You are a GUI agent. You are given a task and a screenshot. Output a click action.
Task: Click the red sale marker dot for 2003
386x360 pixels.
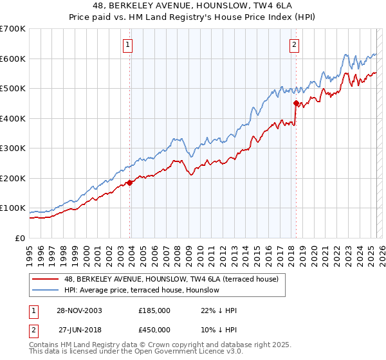point(130,183)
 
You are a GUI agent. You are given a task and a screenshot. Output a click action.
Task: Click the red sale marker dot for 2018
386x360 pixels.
point(296,103)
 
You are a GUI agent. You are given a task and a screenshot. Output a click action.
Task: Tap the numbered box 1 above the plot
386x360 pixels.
point(129,45)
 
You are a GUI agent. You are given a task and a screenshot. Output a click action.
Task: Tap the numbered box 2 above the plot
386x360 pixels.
point(294,45)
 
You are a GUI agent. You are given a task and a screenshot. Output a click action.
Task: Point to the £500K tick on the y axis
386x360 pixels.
point(13,88)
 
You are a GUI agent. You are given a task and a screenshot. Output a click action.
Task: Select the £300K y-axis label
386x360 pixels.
point(13,148)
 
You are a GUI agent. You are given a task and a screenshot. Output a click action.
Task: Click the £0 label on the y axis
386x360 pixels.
point(21,238)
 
